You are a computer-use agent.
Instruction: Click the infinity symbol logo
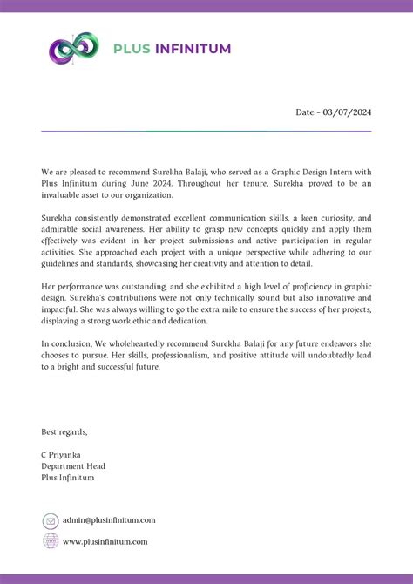point(74,49)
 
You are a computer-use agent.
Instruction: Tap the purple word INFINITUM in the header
point(193,49)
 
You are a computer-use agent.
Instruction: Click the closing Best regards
point(64,431)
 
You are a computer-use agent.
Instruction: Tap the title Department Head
point(73,466)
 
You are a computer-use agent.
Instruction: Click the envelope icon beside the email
point(51,520)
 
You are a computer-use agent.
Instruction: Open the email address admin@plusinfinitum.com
point(109,520)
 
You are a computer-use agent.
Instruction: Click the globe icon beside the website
point(51,541)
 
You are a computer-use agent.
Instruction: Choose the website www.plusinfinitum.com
point(105,541)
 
